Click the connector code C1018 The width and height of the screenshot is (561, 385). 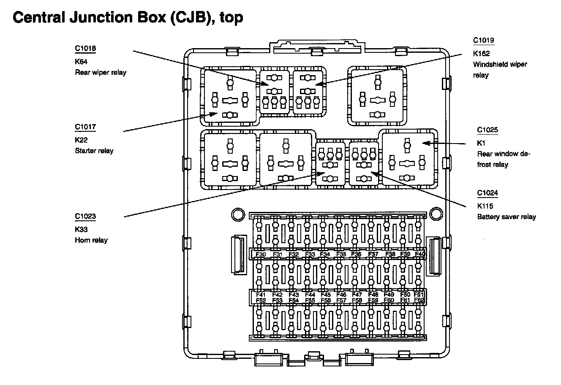tap(85, 49)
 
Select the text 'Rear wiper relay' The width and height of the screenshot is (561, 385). tap(101, 72)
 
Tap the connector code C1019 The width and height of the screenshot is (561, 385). tap(483, 41)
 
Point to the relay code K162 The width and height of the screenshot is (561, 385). tap(481, 54)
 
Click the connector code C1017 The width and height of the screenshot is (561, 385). tap(85, 127)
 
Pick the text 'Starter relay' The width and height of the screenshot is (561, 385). tap(94, 151)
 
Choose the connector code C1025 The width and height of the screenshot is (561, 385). tap(487, 130)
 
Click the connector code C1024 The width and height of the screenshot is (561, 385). tap(487, 193)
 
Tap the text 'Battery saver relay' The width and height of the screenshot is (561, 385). tap(507, 217)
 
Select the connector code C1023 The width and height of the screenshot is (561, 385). tap(85, 217)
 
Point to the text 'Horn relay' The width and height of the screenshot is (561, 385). tap(91, 240)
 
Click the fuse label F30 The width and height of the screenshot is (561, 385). tap(261, 254)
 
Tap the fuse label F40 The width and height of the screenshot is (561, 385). tap(419, 254)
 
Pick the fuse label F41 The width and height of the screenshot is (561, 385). tap(261, 295)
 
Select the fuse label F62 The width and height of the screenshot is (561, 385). tap(419, 301)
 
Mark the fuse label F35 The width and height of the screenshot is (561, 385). tap(341, 254)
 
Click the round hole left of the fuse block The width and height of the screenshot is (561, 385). tap(238, 214)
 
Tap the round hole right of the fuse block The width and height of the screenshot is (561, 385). tap(437, 214)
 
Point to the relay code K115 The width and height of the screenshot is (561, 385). tap(485, 206)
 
